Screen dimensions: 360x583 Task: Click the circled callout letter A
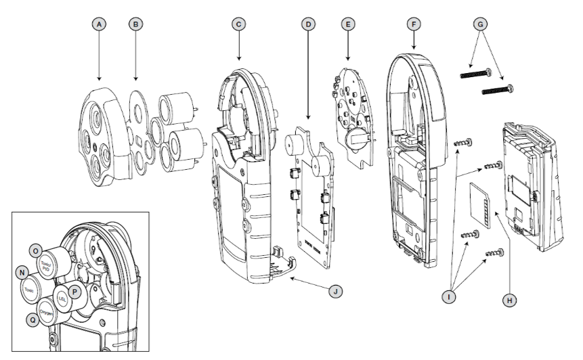[100, 24]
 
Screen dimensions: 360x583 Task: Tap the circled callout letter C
[238, 24]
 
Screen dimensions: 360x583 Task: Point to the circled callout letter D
[308, 24]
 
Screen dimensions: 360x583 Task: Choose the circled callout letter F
[412, 24]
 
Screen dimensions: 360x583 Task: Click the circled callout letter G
[481, 24]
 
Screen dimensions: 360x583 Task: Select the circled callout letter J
[332, 294]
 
